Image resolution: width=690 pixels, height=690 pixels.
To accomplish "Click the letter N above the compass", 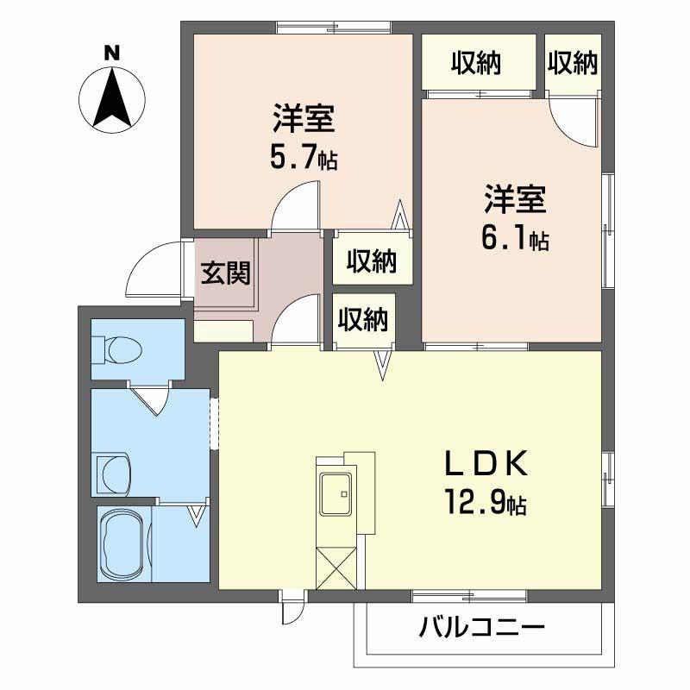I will tap(111, 52).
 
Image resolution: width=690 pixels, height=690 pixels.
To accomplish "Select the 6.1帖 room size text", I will tap(515, 241).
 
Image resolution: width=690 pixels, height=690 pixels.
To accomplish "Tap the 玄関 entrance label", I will tap(226, 273).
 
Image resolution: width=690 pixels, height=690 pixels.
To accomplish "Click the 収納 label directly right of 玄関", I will tap(372, 260).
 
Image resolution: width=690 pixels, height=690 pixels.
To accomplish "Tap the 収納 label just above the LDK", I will tap(362, 320).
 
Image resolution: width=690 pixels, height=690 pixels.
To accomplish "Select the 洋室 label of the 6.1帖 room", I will tap(515, 200).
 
